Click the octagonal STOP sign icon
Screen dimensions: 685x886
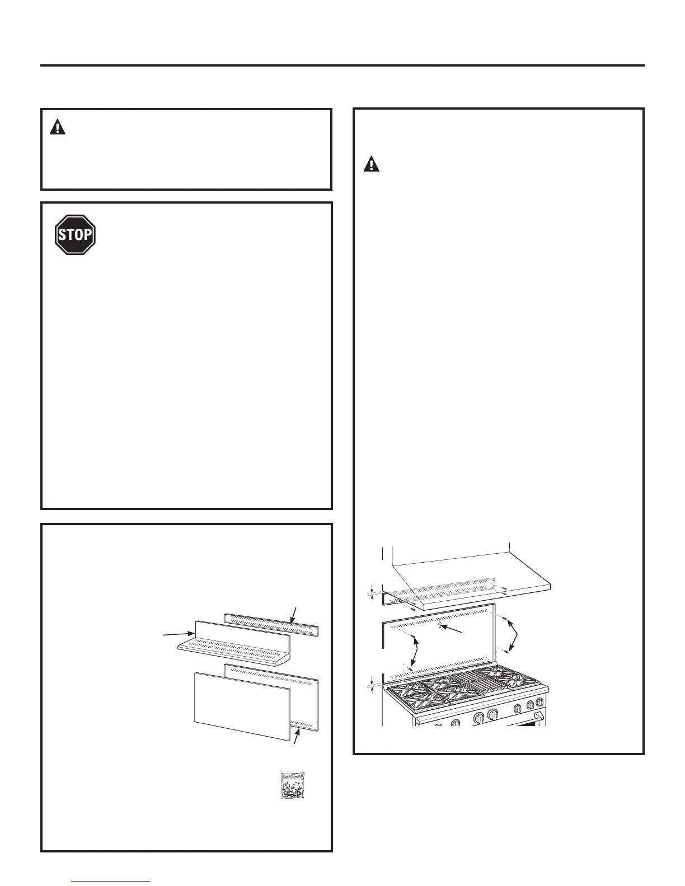pos(76,235)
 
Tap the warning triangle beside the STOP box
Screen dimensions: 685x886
pos(58,128)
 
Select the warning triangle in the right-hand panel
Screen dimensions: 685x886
pos(372,164)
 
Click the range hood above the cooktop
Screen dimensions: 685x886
pos(470,582)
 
